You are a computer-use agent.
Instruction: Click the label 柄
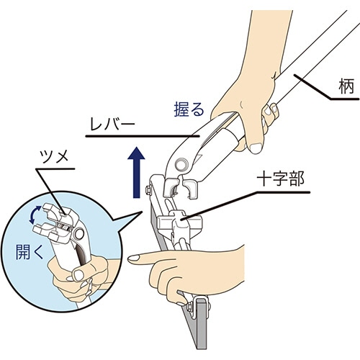[x=346, y=86]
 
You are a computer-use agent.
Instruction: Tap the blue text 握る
[x=189, y=109]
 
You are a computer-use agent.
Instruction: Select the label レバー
[x=112, y=125]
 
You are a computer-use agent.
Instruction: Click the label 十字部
[x=280, y=179]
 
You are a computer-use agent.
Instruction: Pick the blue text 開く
[x=30, y=252]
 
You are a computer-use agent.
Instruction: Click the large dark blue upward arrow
[x=136, y=172]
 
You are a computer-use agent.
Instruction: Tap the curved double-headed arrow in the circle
[x=35, y=215]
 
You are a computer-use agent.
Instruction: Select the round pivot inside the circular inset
[x=79, y=234]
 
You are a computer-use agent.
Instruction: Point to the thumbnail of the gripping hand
[x=256, y=148]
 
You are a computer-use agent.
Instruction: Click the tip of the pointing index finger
[x=129, y=259]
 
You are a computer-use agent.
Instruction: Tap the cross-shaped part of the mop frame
[x=179, y=222]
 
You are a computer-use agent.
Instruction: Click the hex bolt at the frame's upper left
[x=148, y=189]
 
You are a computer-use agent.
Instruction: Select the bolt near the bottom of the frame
[x=189, y=307]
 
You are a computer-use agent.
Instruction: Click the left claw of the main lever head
[x=171, y=186]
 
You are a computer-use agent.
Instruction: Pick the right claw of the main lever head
[x=191, y=189]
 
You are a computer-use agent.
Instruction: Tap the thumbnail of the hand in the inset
[x=78, y=275]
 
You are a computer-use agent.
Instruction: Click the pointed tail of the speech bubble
[x=143, y=211]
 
